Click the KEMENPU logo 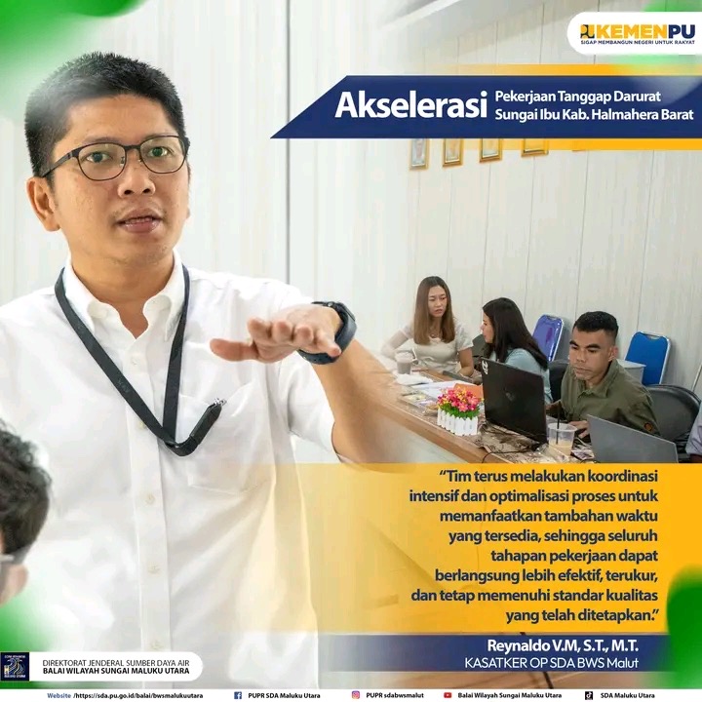[x=638, y=33]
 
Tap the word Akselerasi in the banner [x=410, y=105]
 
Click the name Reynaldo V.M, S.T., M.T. [x=563, y=645]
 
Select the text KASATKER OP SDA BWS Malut [x=552, y=663]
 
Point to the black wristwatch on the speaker [x=333, y=332]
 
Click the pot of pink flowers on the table [x=458, y=411]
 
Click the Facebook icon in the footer [x=238, y=695]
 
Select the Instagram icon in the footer [x=356, y=695]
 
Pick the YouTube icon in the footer [x=448, y=695]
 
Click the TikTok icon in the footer [x=589, y=695]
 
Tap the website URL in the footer [x=138, y=696]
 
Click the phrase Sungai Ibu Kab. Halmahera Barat [x=594, y=115]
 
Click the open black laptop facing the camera [x=514, y=400]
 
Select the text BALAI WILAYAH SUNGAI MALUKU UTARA [x=116, y=671]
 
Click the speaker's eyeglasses [x=117, y=158]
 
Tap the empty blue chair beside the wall [x=647, y=358]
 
